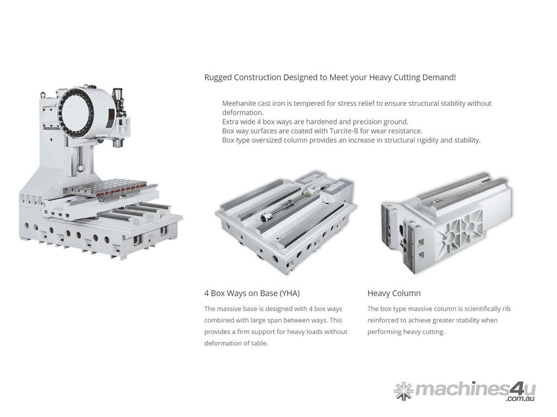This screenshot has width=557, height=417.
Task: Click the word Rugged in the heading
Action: (218, 78)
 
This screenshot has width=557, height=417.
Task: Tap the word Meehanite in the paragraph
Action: (238, 104)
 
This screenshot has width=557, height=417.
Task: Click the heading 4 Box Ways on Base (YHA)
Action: (252, 294)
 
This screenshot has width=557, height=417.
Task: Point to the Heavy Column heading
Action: (394, 294)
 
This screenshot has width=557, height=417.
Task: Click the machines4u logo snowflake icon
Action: (404, 391)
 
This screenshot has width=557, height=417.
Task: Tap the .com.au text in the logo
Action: (521, 399)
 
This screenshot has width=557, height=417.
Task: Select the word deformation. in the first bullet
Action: (243, 113)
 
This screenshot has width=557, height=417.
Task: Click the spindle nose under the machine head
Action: (117, 143)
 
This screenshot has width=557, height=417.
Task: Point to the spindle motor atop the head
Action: (119, 100)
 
